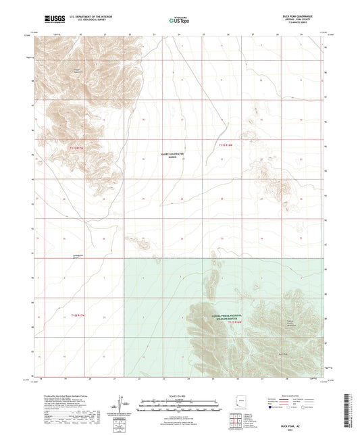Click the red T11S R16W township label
click(x=226, y=145)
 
